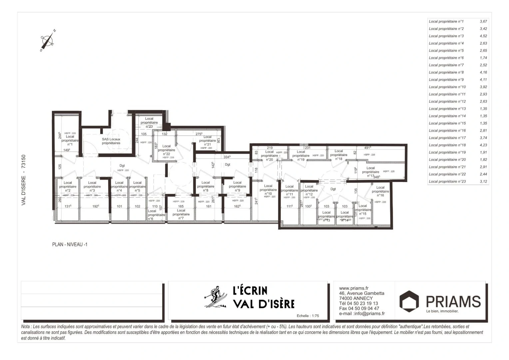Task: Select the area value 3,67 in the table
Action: click(483, 21)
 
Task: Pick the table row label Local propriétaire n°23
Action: click(447, 182)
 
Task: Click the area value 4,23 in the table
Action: click(483, 145)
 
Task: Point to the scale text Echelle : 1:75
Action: click(307, 316)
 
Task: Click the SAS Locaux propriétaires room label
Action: click(111, 141)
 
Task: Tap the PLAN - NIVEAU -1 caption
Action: click(70, 244)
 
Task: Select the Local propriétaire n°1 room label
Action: click(70, 140)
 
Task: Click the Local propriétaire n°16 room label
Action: click(380, 191)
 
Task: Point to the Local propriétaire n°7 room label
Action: click(181, 214)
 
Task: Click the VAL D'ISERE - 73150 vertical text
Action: click(24, 180)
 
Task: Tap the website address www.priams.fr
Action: click(353, 288)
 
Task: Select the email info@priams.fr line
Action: click(362, 313)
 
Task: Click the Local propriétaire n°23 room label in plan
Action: click(149, 122)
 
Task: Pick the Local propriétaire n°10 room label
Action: click(268, 190)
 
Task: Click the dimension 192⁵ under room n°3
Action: click(96, 206)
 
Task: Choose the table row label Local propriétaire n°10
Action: click(447, 87)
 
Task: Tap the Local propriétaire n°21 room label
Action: click(207, 141)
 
